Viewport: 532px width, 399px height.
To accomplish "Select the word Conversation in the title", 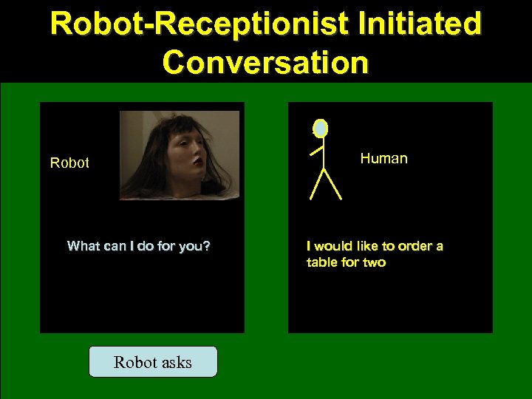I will pyautogui.click(x=265, y=62).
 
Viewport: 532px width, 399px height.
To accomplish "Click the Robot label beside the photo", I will pyautogui.click(x=69, y=163).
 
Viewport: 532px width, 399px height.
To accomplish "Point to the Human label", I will pyautogui.click(x=383, y=158).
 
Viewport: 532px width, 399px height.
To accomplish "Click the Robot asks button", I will pyautogui.click(x=153, y=362).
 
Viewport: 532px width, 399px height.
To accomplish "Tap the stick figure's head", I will pyautogui.click(x=320, y=129).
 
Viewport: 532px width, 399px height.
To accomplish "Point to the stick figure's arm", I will pyautogui.click(x=317, y=151).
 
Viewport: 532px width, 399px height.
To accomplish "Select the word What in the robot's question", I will pyautogui.click(x=83, y=246).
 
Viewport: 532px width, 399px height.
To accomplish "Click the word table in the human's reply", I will pyautogui.click(x=322, y=262).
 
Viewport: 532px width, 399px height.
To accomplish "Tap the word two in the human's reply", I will pyautogui.click(x=374, y=262).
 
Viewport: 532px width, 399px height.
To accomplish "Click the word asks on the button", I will pyautogui.click(x=174, y=362).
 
